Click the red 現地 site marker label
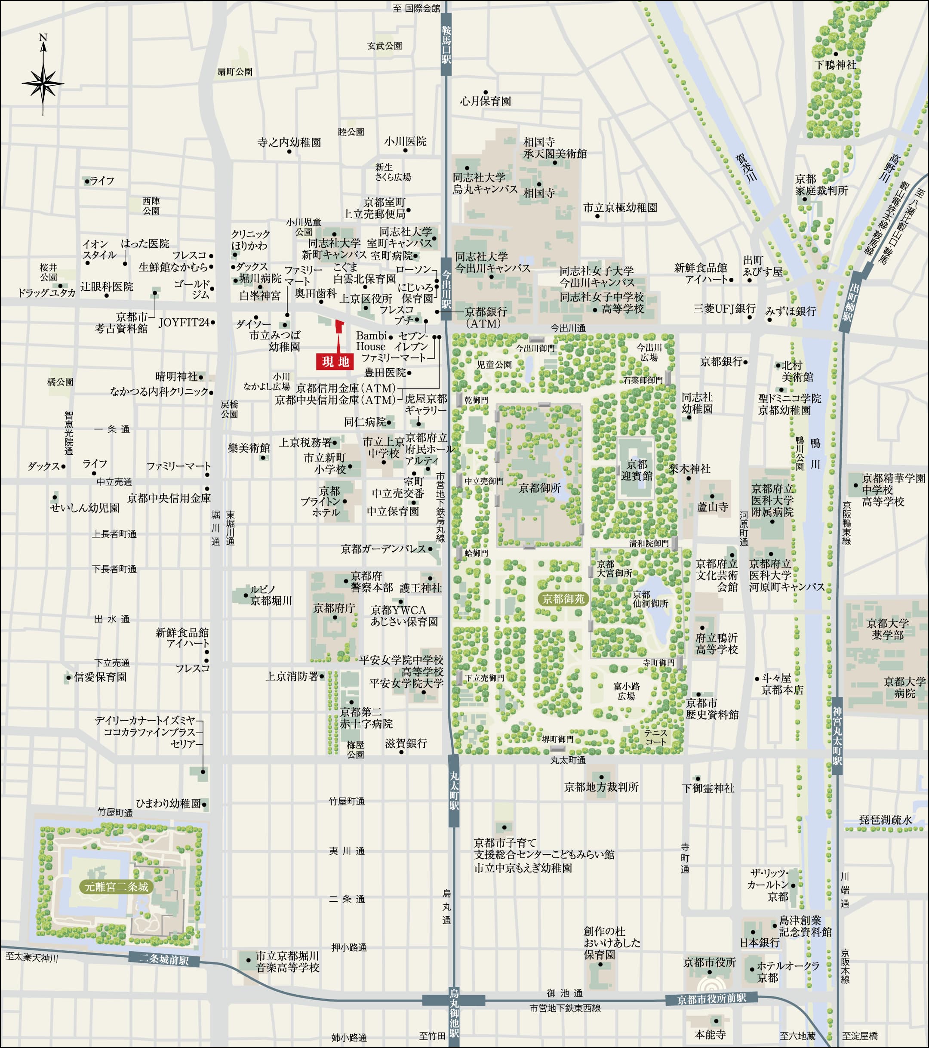pos(335,362)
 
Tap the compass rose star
pos(43,83)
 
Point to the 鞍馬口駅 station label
pos(446,46)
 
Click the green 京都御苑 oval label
pos(563,599)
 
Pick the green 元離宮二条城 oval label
pos(117,887)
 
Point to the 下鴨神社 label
pos(835,65)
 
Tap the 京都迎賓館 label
pos(636,470)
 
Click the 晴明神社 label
pos(176,377)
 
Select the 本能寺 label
pos(710,1035)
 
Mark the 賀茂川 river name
pos(746,168)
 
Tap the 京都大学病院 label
pos(904,687)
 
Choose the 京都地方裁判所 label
pos(601,787)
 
